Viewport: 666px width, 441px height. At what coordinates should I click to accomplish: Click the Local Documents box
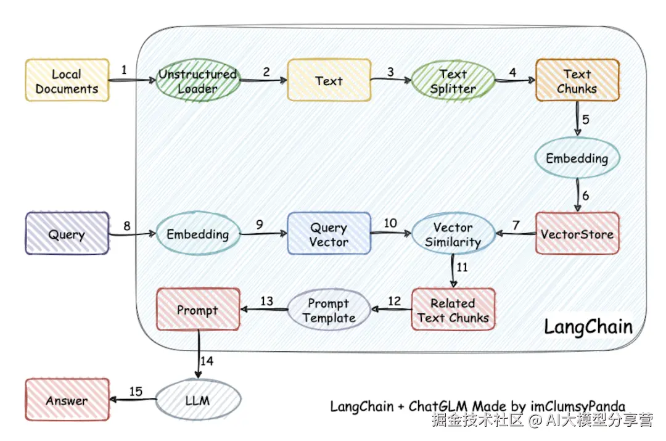coord(67,81)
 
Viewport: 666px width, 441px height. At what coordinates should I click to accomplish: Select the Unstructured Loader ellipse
coord(197,81)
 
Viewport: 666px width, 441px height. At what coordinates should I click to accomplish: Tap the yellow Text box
coord(329,80)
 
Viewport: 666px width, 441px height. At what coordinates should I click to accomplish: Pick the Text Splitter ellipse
coord(453,81)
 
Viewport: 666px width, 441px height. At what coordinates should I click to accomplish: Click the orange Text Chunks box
coord(577,81)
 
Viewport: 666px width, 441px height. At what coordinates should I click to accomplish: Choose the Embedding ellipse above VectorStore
coord(577,159)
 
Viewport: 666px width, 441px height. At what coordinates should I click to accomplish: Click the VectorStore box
coord(577,234)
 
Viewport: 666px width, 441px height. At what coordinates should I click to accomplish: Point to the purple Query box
coord(67,234)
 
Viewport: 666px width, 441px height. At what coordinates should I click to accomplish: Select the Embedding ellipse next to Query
coord(197,234)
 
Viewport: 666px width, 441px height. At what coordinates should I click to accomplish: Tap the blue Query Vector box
coord(329,234)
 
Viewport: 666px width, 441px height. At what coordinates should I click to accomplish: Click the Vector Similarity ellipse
coord(453,234)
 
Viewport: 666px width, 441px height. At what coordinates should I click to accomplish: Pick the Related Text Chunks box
coord(453,310)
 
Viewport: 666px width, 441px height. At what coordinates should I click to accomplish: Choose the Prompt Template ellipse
coord(329,310)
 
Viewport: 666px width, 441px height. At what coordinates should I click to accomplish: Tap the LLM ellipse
coord(197,400)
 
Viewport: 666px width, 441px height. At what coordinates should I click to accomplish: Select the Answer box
coord(67,400)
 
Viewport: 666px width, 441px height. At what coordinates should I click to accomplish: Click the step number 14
coord(207,361)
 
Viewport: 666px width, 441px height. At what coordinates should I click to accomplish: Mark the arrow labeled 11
coord(454,271)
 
